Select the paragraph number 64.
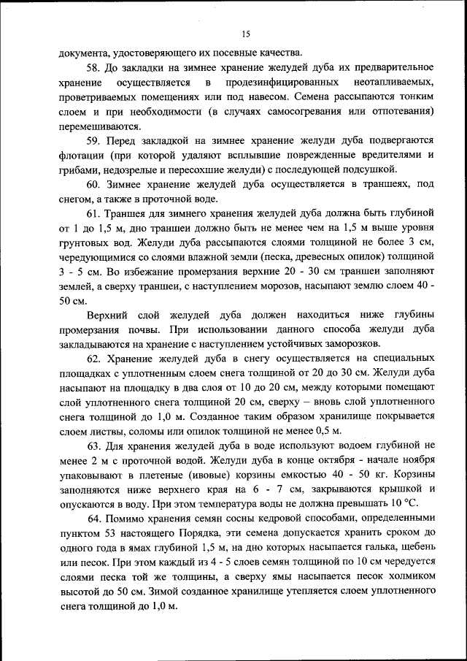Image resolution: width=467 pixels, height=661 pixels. click(94, 519)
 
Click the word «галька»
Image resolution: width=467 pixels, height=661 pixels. click(355, 548)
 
